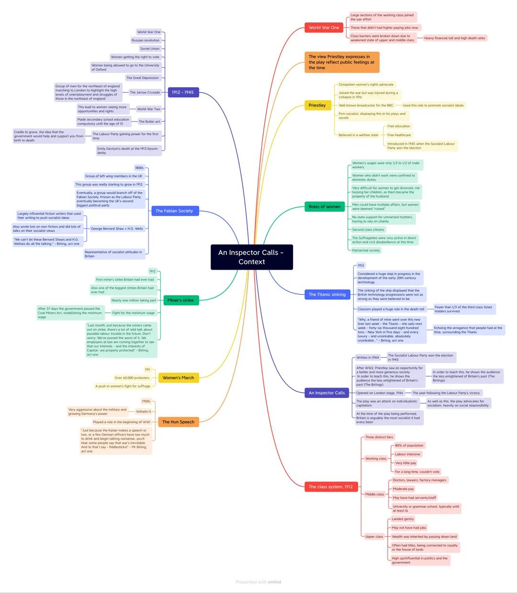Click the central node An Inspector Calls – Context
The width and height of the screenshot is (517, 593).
(251, 257)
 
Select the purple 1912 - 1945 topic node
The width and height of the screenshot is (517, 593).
(183, 92)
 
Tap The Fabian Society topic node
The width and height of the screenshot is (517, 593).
(174, 211)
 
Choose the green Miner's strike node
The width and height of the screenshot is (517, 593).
(180, 300)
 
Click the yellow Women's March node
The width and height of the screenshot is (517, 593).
(178, 378)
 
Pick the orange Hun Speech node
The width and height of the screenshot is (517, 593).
(178, 422)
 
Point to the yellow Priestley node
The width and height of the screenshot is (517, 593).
(317, 105)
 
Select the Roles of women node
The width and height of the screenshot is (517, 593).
(325, 207)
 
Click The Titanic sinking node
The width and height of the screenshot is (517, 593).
(327, 295)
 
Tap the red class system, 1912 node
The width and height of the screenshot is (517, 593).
(330, 487)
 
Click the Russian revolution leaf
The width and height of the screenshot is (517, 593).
(146, 40)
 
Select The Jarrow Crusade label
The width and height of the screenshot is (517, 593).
(145, 92)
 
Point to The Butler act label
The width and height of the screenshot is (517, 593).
(149, 122)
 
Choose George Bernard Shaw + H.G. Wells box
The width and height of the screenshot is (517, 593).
(117, 228)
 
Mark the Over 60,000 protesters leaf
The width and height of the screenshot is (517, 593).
(132, 378)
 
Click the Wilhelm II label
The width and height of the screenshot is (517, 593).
(143, 411)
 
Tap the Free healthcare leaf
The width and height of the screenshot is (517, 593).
(399, 135)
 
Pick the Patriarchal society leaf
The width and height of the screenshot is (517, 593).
(366, 251)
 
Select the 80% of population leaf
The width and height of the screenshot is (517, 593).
(409, 445)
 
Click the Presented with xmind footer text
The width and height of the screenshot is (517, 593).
(258, 582)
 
